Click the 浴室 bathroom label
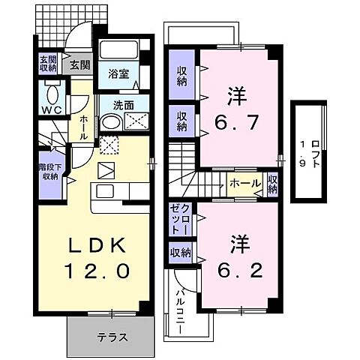[118, 73]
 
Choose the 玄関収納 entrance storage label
[49, 64]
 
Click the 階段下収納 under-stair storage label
[49, 172]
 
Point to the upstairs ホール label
[245, 183]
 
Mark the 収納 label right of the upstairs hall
[272, 184]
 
